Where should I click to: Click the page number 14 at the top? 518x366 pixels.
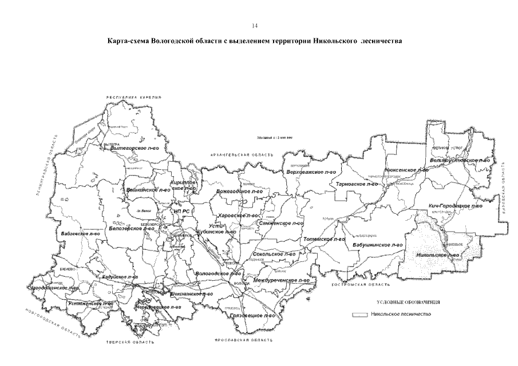pos(255,25)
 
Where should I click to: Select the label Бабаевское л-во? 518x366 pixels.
pos(80,233)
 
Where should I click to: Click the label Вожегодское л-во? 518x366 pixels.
pos(239,190)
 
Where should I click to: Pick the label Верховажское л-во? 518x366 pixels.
pos(311,172)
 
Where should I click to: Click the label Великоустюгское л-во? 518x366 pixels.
pos(461,161)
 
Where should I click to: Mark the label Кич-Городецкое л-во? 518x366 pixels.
pos(455,205)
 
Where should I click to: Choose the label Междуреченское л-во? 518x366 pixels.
pos(280,281)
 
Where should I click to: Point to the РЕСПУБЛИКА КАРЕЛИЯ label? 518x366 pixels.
pos(135,98)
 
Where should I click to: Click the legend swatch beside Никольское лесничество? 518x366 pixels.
pos(359,315)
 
